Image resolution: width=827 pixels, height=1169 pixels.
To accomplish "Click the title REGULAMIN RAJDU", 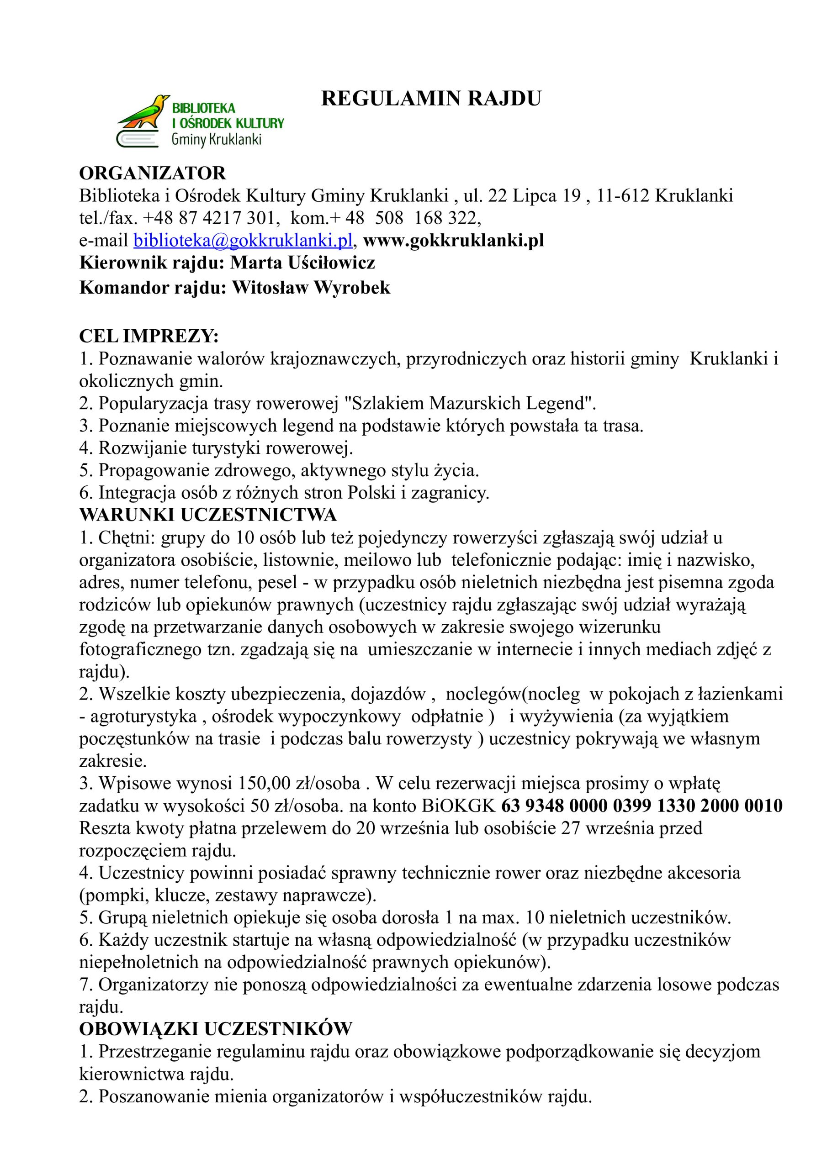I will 430,99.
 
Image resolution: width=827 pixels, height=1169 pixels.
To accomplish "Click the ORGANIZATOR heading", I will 152,173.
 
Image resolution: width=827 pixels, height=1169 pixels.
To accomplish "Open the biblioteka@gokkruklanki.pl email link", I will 243,240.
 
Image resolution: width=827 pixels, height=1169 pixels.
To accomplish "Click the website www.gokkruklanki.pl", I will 453,240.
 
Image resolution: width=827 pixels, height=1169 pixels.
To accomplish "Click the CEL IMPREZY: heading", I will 149,336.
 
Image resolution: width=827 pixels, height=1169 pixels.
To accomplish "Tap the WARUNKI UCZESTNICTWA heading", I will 208,515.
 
